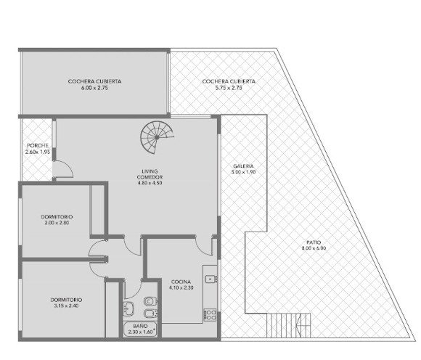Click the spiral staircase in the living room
point(157,137)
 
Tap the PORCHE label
point(38,145)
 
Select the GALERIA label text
point(243,166)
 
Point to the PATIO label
point(314,242)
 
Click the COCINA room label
point(181,282)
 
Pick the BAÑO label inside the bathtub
point(140,326)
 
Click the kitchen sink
point(210,279)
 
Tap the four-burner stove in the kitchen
point(210,315)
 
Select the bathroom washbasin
point(128,308)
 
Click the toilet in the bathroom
point(150,301)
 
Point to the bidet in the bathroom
point(151,314)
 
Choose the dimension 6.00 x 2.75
point(94,88)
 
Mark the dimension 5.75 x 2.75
point(229,88)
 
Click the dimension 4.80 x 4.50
point(150,183)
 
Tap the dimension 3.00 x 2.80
point(57,223)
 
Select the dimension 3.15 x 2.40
point(66,306)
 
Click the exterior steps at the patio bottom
point(289,325)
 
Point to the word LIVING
point(150,171)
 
